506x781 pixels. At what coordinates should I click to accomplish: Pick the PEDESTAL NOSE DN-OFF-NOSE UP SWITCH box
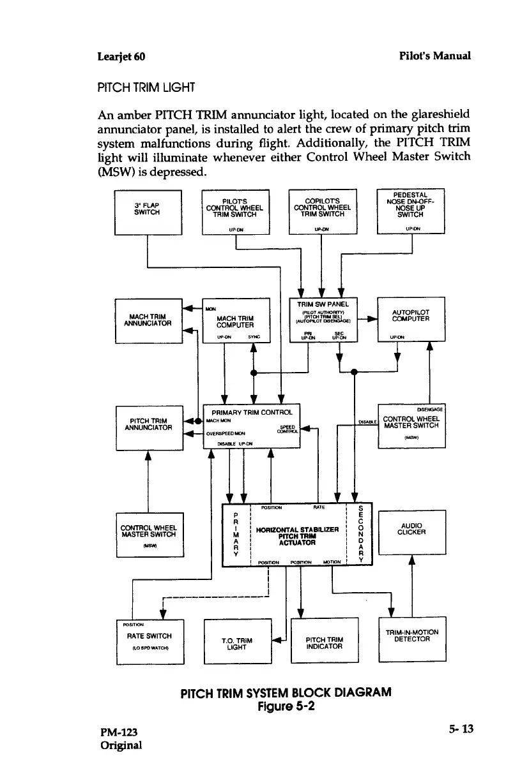tap(411, 211)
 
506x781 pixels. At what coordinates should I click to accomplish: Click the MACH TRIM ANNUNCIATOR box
tap(148, 320)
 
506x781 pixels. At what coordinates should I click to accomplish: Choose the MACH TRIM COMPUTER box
tap(236, 320)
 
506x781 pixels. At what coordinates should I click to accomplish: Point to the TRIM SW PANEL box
tap(323, 320)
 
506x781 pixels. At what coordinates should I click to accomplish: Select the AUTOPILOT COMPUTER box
tap(411, 320)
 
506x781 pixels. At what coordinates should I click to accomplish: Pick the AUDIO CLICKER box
tap(411, 532)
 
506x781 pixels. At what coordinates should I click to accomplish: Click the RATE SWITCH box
tap(149, 641)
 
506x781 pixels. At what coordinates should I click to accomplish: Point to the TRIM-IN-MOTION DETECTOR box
tap(411, 639)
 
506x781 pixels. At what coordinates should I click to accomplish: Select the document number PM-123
tap(119, 731)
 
